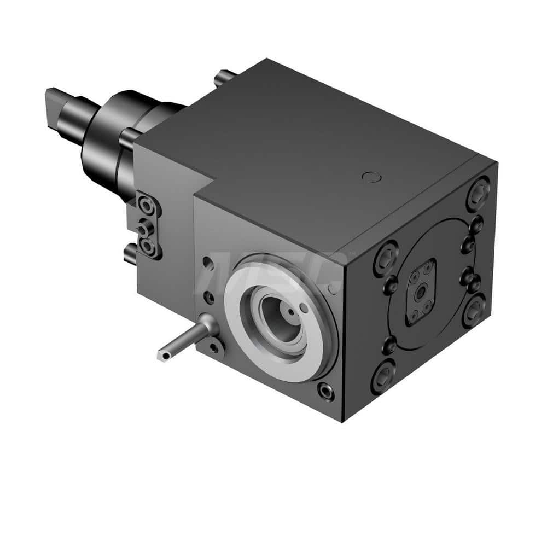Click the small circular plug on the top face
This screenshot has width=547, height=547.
click(370, 176)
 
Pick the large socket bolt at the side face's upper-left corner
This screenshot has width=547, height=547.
click(386, 256)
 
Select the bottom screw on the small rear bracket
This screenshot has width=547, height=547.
click(148, 247)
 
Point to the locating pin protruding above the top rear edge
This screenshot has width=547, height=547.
click(225, 76)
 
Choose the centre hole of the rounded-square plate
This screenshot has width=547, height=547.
click(421, 293)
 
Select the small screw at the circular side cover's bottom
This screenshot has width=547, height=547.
click(389, 345)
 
